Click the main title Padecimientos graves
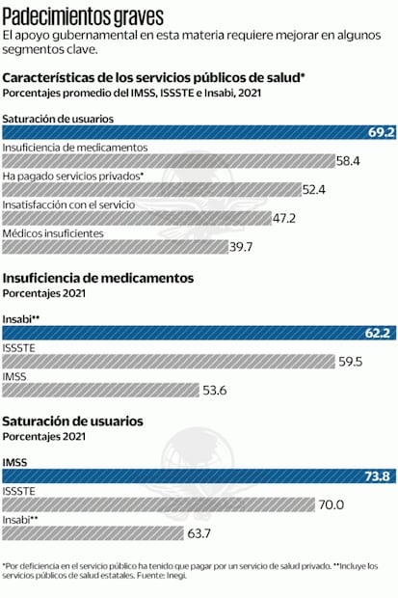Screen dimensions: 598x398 coord(83,15)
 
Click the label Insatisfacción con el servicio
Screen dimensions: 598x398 coord(68,204)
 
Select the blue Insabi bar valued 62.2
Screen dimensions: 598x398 coord(193,334)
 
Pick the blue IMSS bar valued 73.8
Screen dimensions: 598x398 coord(193,476)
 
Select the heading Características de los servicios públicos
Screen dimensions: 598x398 coord(154,76)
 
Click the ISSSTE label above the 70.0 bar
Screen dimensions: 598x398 coord(19,491)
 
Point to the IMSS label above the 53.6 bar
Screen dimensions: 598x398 coord(15,376)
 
